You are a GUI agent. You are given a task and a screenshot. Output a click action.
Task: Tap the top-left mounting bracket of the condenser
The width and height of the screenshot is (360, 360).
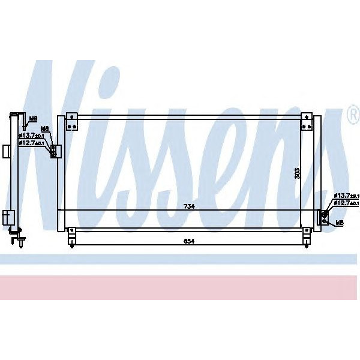pos(72,121)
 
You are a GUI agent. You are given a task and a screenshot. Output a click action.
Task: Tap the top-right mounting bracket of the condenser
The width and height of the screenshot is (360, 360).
pos(307,121)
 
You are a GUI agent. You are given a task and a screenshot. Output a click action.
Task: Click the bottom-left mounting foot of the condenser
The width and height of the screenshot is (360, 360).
pos(72,235)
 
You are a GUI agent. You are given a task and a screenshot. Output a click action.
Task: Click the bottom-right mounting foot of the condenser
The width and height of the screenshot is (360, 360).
pos(307,235)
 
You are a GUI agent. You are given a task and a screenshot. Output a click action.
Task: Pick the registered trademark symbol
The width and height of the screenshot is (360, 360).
pos(353,118)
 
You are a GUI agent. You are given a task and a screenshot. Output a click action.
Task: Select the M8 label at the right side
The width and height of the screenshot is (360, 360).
pos(339,223)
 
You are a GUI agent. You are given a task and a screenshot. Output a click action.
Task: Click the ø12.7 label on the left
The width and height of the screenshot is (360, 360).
pos(30,143)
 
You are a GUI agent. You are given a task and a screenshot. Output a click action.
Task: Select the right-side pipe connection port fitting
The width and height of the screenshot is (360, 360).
pos(324,215)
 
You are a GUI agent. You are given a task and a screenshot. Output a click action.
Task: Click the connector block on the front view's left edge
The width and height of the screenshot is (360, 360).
pos(53,151)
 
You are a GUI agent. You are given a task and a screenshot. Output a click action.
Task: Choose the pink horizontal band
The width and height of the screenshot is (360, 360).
pos(180,287)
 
